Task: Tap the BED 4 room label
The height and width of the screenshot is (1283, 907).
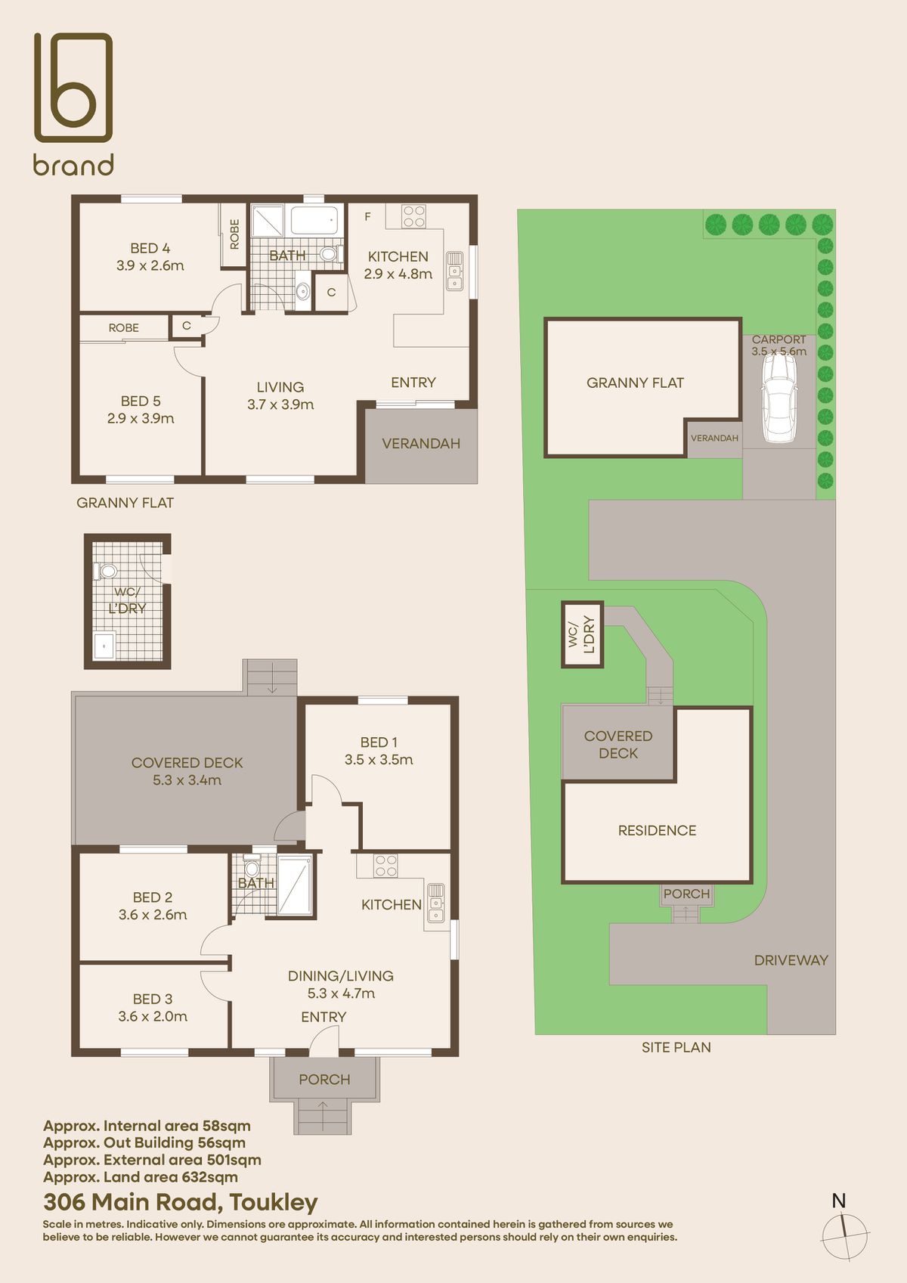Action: pyautogui.click(x=150, y=248)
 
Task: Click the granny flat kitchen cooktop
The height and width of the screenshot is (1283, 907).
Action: pyautogui.click(x=413, y=216)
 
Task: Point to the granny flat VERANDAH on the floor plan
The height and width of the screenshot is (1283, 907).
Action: pyautogui.click(x=421, y=444)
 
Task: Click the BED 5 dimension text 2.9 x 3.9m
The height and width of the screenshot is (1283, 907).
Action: pyautogui.click(x=141, y=419)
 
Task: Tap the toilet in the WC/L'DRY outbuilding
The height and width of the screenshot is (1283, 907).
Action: pyautogui.click(x=105, y=571)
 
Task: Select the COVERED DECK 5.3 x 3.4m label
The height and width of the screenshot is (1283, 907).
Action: pyautogui.click(x=187, y=771)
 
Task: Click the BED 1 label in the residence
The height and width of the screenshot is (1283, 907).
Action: pyautogui.click(x=379, y=742)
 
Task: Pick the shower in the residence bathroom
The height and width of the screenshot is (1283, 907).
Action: pyautogui.click(x=294, y=885)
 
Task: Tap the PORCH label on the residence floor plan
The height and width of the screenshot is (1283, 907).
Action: pyautogui.click(x=324, y=1080)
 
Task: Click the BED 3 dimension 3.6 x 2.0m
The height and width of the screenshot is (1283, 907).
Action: pyautogui.click(x=153, y=1017)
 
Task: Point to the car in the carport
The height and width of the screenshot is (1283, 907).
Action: pyautogui.click(x=779, y=398)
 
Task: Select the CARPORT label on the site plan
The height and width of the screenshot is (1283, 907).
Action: pyautogui.click(x=779, y=339)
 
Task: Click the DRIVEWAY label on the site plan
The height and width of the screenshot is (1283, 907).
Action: pyautogui.click(x=791, y=960)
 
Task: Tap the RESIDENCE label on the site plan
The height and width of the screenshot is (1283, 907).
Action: pyautogui.click(x=657, y=830)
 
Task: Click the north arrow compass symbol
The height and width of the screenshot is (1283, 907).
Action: pyautogui.click(x=845, y=1237)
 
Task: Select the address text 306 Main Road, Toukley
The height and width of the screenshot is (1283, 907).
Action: pyautogui.click(x=180, y=1201)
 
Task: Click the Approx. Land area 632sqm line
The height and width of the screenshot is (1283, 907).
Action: pyautogui.click(x=141, y=1177)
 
